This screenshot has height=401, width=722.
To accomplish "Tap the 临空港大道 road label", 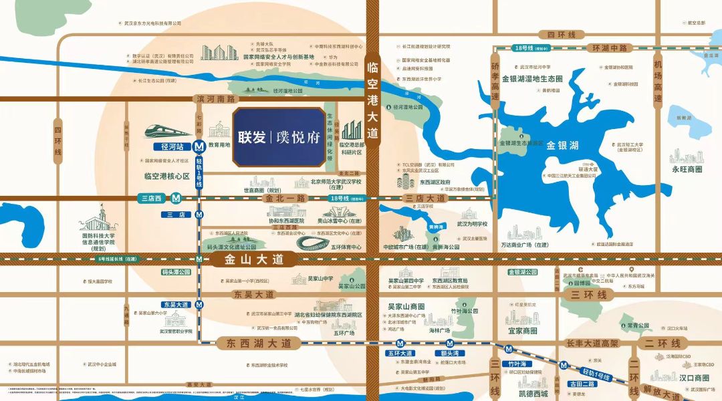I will (x=372, y=100).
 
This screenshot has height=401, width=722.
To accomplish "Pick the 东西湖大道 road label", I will (x=254, y=343).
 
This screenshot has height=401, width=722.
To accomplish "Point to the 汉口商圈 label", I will (x=692, y=378).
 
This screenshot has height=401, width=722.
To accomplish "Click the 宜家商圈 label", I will (x=523, y=331).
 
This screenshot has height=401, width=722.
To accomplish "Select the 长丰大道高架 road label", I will (x=592, y=343).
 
